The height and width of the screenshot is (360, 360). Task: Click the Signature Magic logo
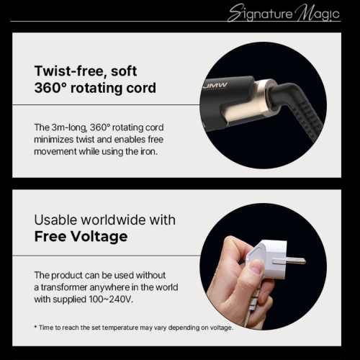pos(284,13)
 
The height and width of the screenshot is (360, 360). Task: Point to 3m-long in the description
pos(69,127)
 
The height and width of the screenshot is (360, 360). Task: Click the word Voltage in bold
pos(99,236)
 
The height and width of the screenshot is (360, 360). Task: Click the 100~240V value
pos(111,300)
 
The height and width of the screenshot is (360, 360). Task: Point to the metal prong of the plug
pos(293,261)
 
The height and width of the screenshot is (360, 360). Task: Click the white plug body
pos(268,261)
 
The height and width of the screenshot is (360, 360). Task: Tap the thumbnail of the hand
pos(256,267)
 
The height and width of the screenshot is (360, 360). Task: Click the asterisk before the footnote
pos(35,327)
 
